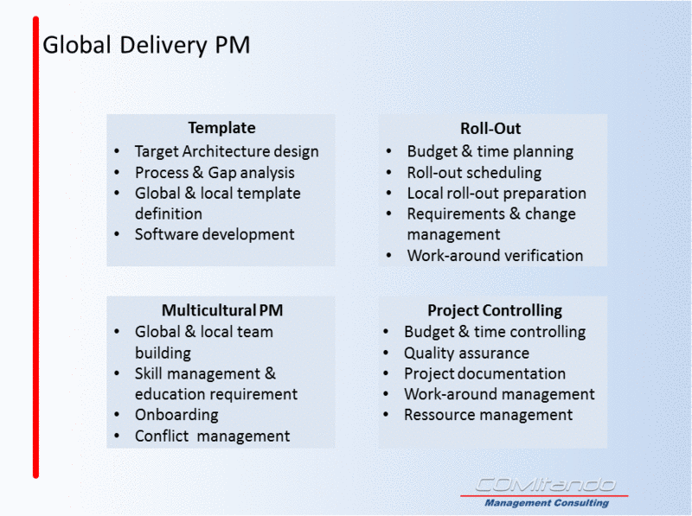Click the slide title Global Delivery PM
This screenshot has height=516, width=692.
click(x=146, y=46)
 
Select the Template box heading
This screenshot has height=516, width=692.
click(x=222, y=128)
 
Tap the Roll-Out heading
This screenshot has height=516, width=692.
click(x=490, y=128)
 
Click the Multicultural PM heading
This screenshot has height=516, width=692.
click(x=222, y=310)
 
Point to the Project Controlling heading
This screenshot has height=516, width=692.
click(x=495, y=310)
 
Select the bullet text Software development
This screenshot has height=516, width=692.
click(x=215, y=234)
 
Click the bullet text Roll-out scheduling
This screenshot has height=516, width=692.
click(x=474, y=173)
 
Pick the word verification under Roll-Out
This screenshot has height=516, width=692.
click(x=544, y=255)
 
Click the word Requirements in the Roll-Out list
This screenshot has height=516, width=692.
click(x=456, y=213)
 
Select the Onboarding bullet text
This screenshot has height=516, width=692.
click(x=176, y=415)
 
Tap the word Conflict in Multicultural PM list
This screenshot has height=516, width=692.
click(x=162, y=436)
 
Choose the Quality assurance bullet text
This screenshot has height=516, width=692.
click(x=466, y=353)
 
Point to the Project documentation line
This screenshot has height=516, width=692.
click(x=484, y=373)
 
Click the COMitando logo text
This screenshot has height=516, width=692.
click(x=545, y=485)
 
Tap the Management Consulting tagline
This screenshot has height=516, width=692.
click(x=547, y=503)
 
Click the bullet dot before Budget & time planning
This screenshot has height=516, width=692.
click(x=388, y=152)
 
